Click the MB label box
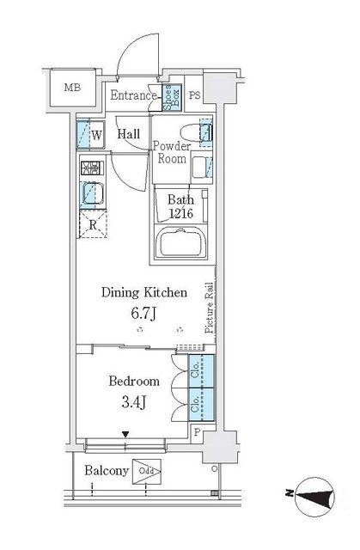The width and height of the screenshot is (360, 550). click(70, 87)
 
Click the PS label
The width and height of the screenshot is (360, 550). click(195, 96)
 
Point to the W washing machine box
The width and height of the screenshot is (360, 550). click(90, 135)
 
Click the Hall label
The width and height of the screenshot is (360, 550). click(130, 134)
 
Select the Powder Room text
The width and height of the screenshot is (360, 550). click(171, 152)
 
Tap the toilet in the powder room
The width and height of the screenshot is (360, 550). click(204, 133)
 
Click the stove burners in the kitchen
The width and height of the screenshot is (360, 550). click(90, 169)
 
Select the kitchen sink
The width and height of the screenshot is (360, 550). click(90, 196)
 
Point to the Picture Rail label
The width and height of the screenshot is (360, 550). click(209, 309)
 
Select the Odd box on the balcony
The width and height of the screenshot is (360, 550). click(146, 472)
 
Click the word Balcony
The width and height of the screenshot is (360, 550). click(106, 471)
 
